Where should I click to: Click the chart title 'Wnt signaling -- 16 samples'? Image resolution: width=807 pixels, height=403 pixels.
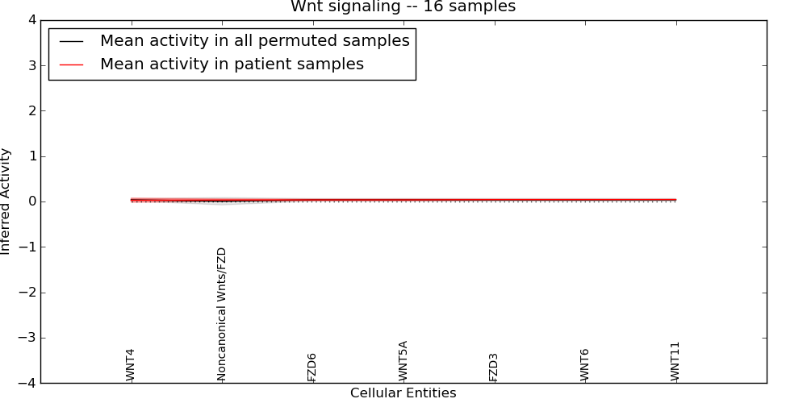(403, 7)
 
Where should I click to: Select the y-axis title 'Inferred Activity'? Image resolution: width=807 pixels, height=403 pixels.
(6, 201)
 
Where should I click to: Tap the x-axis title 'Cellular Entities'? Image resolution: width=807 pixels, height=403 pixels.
(403, 393)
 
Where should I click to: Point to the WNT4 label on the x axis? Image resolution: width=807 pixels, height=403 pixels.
(130, 365)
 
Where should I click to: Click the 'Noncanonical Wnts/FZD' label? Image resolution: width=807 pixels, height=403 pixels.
(222, 314)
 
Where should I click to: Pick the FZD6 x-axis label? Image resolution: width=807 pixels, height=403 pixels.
(312, 367)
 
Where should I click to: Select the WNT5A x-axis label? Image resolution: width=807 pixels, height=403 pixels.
(403, 361)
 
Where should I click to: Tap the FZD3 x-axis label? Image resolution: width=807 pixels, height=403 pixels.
(493, 367)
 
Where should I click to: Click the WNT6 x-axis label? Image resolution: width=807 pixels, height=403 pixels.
(584, 365)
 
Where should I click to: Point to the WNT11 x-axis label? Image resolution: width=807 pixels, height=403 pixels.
(675, 362)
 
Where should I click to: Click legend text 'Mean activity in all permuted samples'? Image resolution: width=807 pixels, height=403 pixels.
(254, 40)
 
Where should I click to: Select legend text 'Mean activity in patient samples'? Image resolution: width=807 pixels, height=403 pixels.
(232, 64)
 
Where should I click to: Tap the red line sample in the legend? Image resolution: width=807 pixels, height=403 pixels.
(72, 64)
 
